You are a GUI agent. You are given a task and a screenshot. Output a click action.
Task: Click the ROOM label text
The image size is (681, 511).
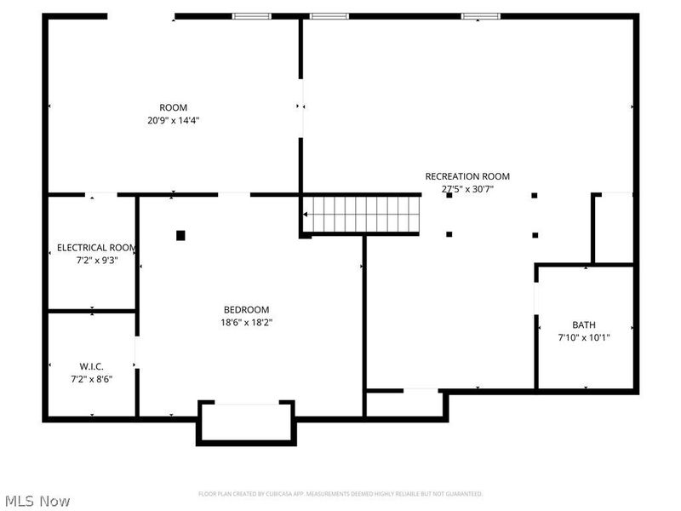174,107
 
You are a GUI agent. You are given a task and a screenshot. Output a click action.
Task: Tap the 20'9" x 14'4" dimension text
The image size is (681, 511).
174,120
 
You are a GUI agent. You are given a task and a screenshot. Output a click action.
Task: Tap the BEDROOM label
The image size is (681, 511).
246,309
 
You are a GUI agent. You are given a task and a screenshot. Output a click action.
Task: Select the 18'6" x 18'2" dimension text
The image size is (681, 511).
246,322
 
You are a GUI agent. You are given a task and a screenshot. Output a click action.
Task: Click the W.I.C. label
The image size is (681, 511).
92,366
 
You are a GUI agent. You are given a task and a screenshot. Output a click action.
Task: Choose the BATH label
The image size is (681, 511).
584,324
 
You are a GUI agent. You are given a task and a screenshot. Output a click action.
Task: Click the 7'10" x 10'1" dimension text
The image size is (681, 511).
584,337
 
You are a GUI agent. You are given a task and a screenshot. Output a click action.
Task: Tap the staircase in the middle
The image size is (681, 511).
363,214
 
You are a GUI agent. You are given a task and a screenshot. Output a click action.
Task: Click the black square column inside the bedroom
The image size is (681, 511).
180,235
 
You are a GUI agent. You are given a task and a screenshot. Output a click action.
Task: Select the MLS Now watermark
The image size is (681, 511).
37,501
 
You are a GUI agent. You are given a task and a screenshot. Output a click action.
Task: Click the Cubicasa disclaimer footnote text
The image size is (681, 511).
340,494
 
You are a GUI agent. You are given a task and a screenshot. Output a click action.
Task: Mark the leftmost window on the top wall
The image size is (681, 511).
252,15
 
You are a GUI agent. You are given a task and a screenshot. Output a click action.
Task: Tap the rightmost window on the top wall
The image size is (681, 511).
481,15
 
